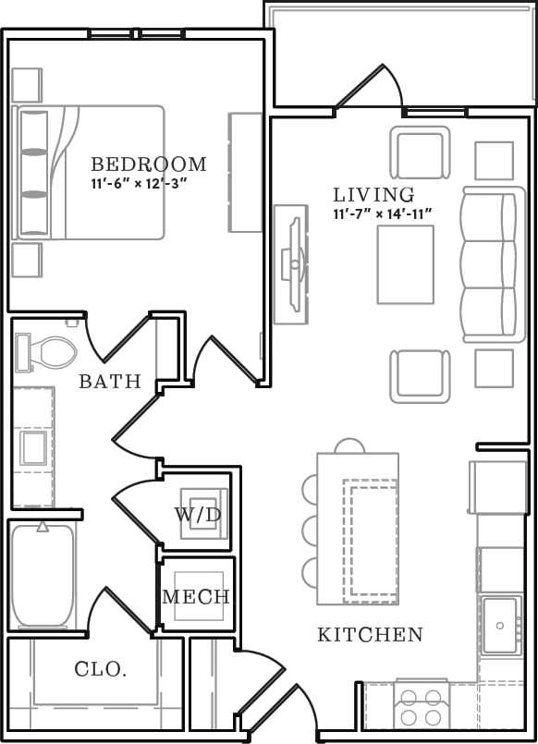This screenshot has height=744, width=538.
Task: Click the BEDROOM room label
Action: (148, 165)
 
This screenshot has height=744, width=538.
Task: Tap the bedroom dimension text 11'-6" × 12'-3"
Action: (139, 183)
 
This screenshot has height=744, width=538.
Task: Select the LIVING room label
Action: (373, 195)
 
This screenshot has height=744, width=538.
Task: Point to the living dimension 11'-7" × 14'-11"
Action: (384, 214)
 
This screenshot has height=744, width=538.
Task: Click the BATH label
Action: (109, 381)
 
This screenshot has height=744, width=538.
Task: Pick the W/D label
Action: (198, 515)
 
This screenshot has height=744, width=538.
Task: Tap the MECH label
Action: (196, 597)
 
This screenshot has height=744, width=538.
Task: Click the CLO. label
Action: (100, 669)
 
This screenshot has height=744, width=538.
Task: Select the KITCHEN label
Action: (370, 635)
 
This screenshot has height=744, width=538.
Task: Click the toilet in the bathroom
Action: (48, 350)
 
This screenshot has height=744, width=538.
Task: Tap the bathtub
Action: (42, 576)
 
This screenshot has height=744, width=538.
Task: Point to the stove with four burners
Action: (421, 707)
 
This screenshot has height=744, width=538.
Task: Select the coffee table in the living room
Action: (405, 264)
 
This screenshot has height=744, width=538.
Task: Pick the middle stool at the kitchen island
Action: (311, 530)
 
